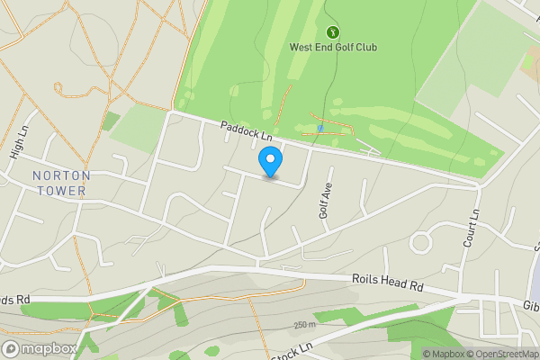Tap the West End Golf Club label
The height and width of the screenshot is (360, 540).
click(333, 47)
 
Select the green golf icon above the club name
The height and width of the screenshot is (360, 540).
click(333, 32)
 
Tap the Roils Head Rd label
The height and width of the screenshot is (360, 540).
click(388, 283)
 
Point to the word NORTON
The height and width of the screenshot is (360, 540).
click(58, 175)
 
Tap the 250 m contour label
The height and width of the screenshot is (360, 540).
click(304, 325)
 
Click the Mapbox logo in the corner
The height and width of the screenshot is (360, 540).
click(40, 348)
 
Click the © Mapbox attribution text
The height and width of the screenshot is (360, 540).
click(443, 354)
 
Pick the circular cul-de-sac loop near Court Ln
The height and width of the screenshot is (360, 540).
click(421, 242)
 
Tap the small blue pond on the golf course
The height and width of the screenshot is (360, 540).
click(320, 129)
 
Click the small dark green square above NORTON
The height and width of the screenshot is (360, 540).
click(111, 121)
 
